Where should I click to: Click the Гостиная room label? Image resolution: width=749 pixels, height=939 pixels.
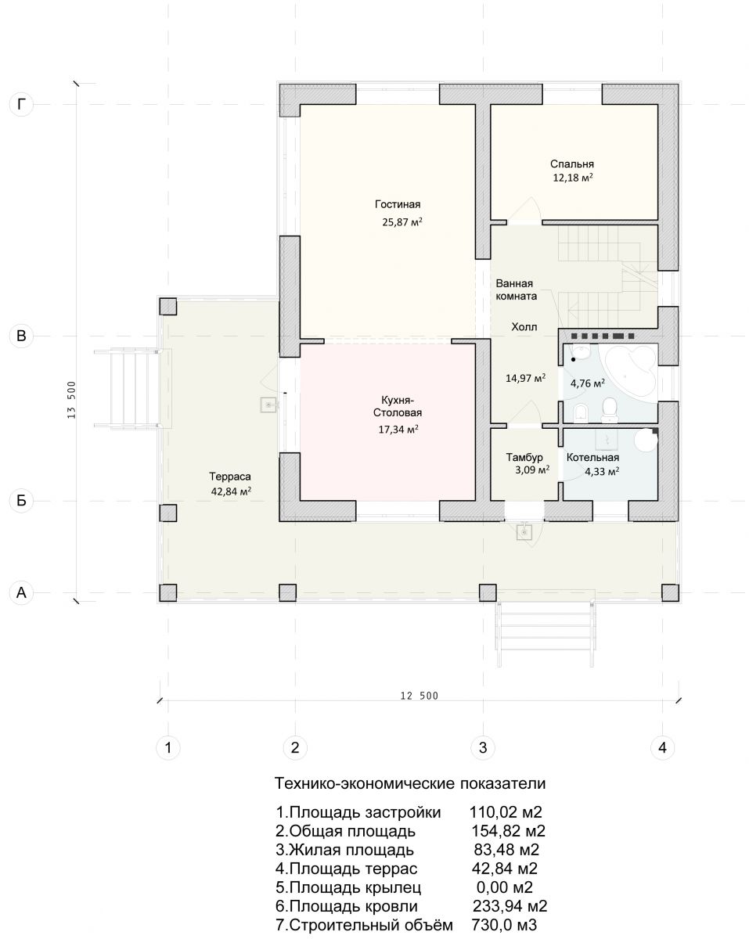[x=398, y=204]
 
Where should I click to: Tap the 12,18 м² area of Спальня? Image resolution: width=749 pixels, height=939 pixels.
[x=573, y=178]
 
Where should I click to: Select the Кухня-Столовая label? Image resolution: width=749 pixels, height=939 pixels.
[x=398, y=406]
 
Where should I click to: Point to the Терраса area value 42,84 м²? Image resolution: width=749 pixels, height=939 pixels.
[x=231, y=491]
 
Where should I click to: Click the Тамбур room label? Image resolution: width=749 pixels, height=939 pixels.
[x=524, y=457]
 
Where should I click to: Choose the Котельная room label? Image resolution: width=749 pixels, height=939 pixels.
[x=592, y=457]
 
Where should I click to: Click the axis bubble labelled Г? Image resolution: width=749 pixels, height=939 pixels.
[x=21, y=105]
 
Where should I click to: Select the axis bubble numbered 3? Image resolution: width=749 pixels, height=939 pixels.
[x=483, y=747]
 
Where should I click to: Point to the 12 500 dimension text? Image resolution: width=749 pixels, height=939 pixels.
[x=419, y=696]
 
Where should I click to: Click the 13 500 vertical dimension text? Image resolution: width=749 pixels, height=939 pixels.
[x=71, y=400]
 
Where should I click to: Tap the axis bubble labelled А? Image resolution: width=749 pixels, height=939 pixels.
[x=21, y=592]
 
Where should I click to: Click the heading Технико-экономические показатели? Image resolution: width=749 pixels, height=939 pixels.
[x=410, y=783]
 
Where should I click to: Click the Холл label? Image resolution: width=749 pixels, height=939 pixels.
[x=524, y=327]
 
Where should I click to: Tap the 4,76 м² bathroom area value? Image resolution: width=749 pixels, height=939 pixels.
[x=588, y=383]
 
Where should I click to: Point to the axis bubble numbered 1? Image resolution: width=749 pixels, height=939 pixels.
[x=168, y=747]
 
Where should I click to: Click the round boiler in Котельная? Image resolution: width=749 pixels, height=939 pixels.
[x=646, y=440]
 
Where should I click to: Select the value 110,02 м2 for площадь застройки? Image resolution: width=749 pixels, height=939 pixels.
[x=506, y=812]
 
